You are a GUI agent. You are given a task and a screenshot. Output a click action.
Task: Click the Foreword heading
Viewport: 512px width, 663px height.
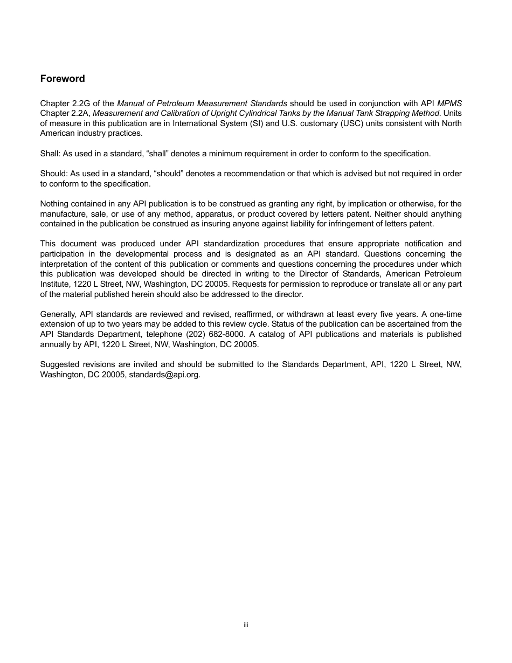(63, 79)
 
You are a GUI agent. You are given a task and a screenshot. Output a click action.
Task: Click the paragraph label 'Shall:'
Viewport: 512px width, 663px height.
(50, 154)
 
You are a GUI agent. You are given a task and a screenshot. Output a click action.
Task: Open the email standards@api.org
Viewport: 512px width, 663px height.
(164, 375)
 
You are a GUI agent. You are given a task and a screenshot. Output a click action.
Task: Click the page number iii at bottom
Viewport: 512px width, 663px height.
(245, 625)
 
